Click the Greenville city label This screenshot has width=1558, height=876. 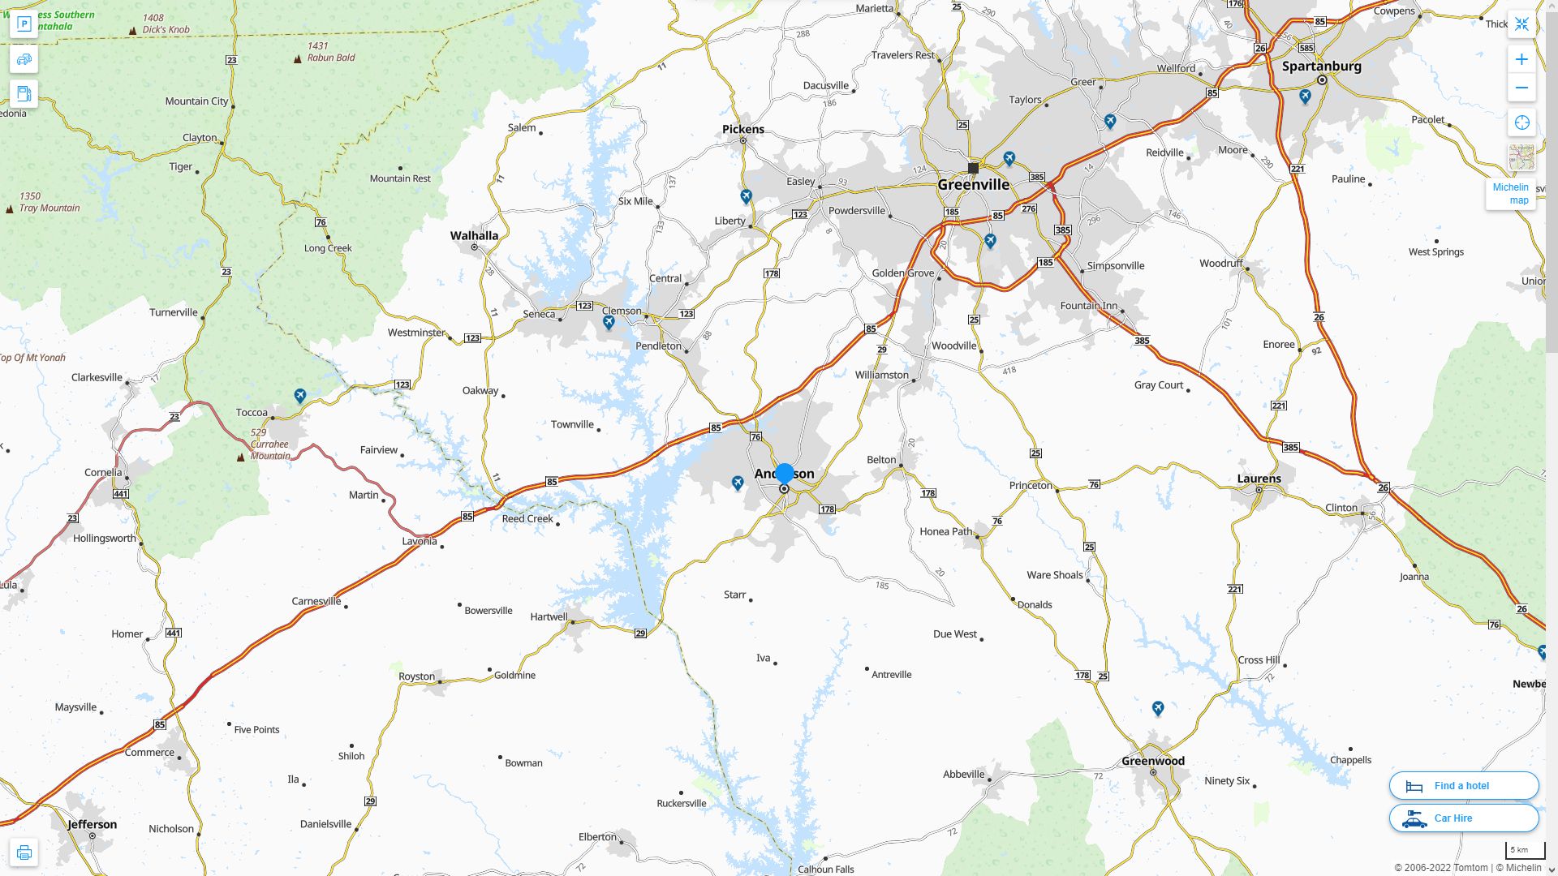973,185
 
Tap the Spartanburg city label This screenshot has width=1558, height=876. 1321,67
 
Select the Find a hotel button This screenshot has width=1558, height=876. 1463,785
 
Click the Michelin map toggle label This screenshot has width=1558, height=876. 1510,194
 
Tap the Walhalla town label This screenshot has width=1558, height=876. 474,236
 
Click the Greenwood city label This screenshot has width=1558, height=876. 1152,761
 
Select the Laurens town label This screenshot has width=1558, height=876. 1259,479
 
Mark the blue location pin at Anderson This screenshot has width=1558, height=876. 784,472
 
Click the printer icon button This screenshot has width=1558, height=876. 24,852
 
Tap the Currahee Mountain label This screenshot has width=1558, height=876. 269,449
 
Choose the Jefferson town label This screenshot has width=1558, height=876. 92,824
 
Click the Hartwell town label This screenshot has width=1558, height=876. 549,616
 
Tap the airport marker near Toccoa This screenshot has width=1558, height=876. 300,395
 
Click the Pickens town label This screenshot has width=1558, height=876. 742,129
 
